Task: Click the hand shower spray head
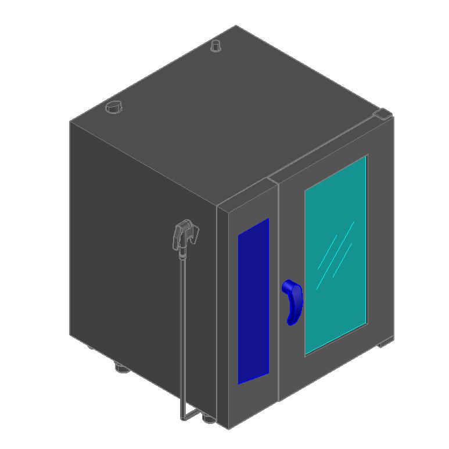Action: coord(186,233)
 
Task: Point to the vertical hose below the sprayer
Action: coord(183,326)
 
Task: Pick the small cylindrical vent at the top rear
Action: coord(216,45)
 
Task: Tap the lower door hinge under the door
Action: coord(385,344)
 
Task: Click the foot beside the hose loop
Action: coord(207,416)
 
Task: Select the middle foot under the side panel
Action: coord(121,368)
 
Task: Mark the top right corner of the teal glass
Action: coord(367,156)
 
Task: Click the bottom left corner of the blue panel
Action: coord(238,384)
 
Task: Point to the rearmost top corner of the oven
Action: coord(236,26)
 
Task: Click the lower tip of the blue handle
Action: coord(290,322)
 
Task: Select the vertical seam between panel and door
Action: coord(278,291)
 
